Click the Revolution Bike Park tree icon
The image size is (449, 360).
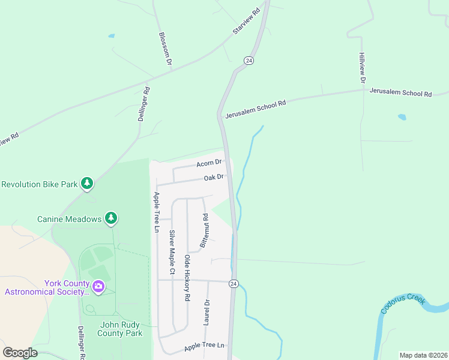click(88, 183)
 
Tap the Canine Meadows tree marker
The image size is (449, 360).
click(111, 218)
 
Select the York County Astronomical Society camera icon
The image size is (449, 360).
click(99, 287)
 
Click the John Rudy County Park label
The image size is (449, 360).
click(121, 329)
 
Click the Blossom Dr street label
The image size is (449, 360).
click(165, 49)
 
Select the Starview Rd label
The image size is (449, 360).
click(246, 21)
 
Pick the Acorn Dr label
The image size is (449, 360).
click(209, 163)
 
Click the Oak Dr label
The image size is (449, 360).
click(214, 177)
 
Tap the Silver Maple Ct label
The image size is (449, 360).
click(172, 252)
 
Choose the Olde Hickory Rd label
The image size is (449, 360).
click(187, 277)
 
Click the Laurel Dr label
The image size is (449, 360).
click(206, 312)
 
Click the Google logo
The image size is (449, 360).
click(20, 353)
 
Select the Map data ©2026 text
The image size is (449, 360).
click(423, 355)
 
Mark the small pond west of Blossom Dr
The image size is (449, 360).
click(112, 36)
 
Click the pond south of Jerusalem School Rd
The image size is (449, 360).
click(402, 118)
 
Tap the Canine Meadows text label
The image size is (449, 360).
click(70, 219)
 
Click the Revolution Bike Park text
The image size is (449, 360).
click(40, 184)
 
